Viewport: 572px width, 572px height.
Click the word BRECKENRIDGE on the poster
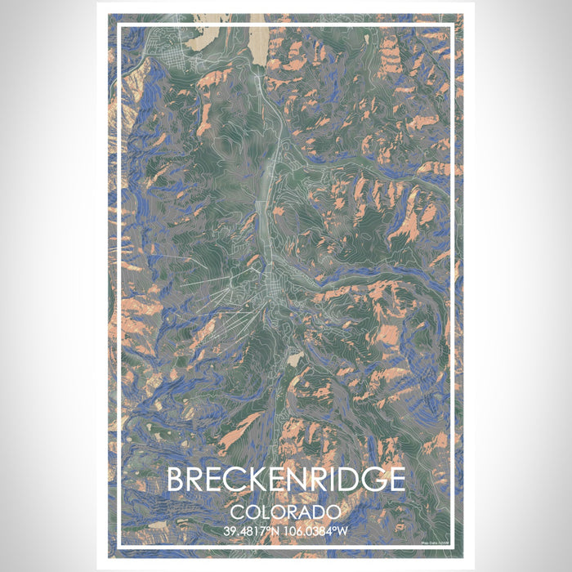285,480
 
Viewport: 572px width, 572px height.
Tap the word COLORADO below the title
285,512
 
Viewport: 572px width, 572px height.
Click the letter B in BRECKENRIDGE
177,480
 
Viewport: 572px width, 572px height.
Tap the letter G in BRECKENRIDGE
369,480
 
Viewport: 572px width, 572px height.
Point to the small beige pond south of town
292,357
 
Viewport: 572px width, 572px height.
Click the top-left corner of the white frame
119,25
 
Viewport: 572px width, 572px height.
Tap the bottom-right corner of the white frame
454,547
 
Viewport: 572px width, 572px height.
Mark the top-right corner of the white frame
454,25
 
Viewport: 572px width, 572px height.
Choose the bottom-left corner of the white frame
119,547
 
